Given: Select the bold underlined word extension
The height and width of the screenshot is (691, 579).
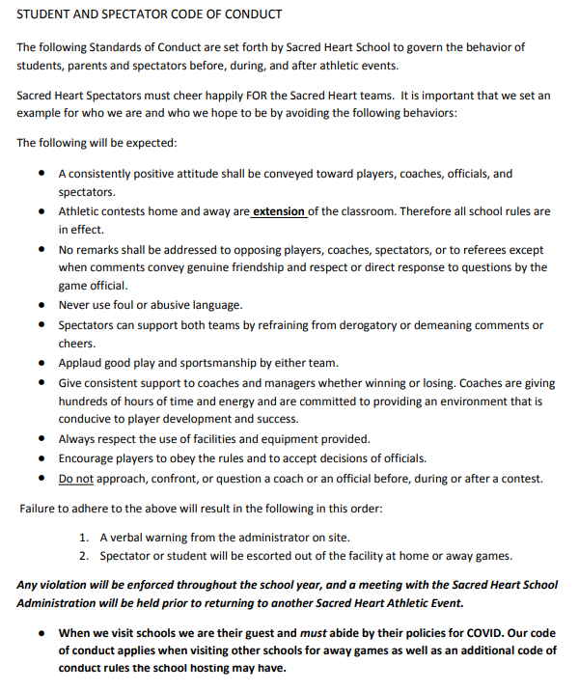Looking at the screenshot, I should [279, 211].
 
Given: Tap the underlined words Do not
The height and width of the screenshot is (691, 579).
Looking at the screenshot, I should [75, 478].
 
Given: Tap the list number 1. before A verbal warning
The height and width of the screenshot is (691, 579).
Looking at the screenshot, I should [85, 537].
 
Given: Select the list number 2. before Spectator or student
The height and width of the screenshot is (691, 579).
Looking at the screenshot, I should [85, 555].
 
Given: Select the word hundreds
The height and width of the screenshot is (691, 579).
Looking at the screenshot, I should [85, 401].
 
